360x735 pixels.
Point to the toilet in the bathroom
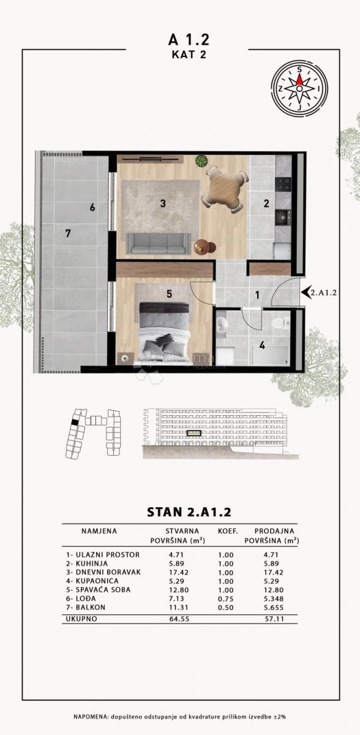[x=278, y=323]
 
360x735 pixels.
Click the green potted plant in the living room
[x=201, y=162]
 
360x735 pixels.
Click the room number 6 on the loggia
[x=92, y=208]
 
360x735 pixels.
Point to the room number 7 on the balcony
[x=68, y=233]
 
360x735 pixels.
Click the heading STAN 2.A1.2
[x=179, y=510]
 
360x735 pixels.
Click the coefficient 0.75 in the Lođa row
[x=227, y=598]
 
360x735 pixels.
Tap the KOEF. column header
[x=227, y=531]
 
